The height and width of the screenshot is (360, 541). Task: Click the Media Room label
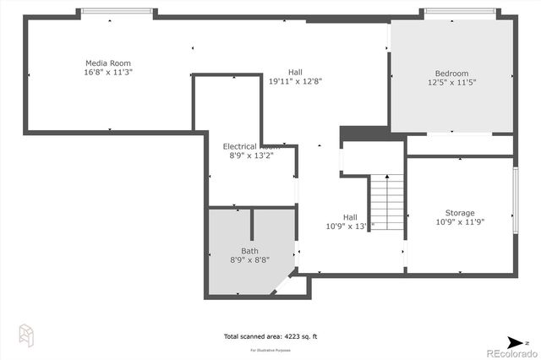pos(108,63)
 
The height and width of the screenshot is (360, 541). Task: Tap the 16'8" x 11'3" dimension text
pos(108,72)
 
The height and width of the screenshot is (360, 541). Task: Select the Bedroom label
pos(451,74)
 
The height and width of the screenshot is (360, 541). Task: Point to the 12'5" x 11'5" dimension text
pos(451,83)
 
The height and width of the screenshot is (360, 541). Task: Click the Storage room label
pos(460,213)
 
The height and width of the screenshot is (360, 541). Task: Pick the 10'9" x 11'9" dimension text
pos(460,222)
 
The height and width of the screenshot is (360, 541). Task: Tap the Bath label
pos(250,251)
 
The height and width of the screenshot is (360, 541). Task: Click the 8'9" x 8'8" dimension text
pos(250,260)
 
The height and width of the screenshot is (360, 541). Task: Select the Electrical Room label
pos(251,146)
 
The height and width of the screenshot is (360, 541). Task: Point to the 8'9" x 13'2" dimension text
pos(251,155)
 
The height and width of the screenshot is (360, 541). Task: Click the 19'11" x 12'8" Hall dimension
pos(295,82)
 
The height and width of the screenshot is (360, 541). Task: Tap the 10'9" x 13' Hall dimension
pos(349,226)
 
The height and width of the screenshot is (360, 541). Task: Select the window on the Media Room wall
pos(117,11)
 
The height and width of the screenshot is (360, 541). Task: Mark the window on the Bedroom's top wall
pos(459,11)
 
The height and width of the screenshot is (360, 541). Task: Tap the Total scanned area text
pos(270,336)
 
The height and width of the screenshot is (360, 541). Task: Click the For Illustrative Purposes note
pos(270,349)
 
